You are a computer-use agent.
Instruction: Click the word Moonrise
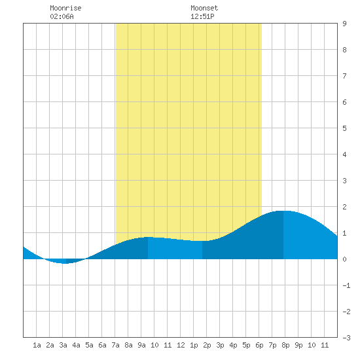tap(65, 8)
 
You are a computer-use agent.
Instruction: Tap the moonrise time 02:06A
tap(62, 16)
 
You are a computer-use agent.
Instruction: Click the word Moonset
tap(204, 8)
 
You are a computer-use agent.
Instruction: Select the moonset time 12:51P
tap(202, 16)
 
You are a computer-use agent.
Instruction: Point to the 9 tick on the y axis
tap(344, 24)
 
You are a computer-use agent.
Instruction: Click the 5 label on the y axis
tap(344, 128)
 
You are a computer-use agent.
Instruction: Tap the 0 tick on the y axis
tap(344, 259)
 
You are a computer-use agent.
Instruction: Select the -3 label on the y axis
tap(346, 338)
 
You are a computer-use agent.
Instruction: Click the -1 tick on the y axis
tap(346, 285)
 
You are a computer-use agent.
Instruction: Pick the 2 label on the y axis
tap(344, 207)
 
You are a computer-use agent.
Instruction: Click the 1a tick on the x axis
tap(37, 345)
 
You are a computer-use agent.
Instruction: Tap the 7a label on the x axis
tap(115, 345)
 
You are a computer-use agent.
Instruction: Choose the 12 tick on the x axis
tap(181, 345)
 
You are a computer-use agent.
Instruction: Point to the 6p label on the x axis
tap(259, 345)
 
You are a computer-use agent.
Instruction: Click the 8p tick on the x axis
tap(285, 345)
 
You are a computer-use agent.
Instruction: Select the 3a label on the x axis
tap(63, 345)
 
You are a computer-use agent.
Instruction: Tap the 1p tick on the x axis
tap(194, 345)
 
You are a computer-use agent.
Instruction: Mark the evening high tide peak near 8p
tap(283, 211)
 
